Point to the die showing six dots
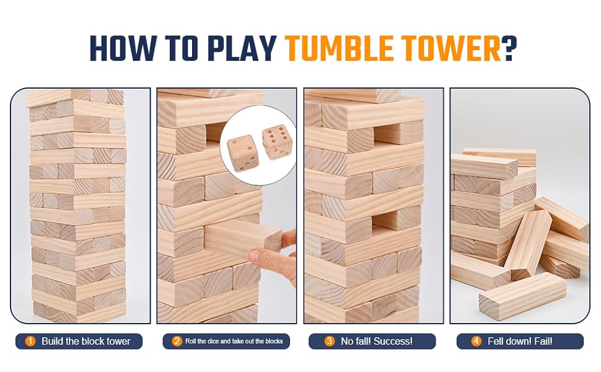(277, 142)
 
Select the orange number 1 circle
(30, 342)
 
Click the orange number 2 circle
(177, 342)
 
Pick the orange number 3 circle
(329, 342)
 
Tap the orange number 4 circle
(476, 342)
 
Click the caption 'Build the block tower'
(86, 342)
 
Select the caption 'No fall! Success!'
(377, 342)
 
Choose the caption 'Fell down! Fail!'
(520, 342)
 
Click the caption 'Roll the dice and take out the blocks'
(234, 342)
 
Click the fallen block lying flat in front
(522, 296)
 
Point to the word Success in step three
(393, 342)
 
